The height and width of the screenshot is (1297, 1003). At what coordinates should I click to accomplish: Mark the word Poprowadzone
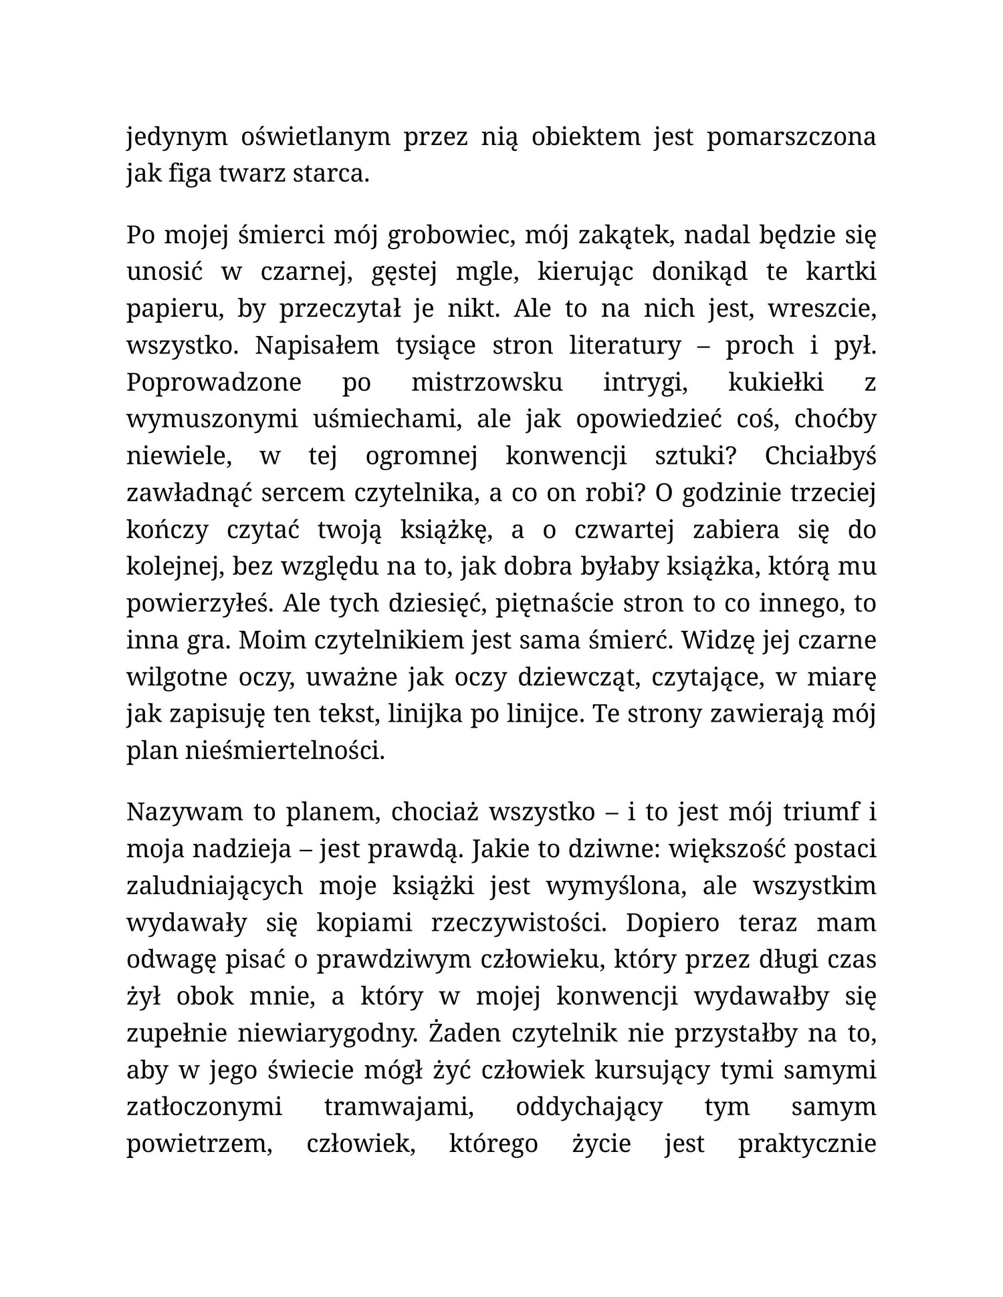(x=214, y=383)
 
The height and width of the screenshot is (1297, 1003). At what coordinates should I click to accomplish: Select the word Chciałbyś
(x=820, y=456)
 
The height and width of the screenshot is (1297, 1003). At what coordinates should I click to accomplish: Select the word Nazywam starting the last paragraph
(x=183, y=813)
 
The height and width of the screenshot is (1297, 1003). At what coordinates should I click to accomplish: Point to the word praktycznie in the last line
(x=807, y=1144)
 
